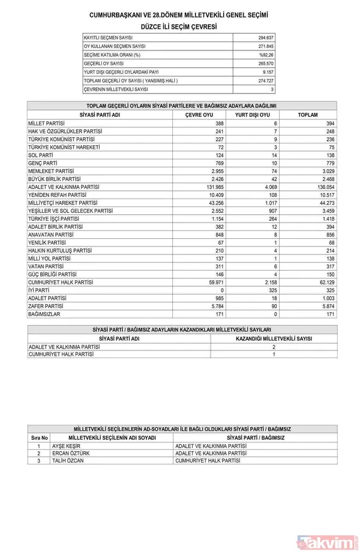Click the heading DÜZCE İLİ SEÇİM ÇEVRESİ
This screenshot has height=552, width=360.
point(179,27)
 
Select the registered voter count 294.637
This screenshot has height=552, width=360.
point(265,38)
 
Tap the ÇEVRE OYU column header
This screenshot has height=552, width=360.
point(199,115)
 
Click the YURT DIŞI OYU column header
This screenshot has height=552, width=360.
point(252,115)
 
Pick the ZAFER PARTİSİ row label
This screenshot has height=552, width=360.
point(47,305)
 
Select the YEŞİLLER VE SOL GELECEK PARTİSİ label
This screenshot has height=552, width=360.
point(70,210)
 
